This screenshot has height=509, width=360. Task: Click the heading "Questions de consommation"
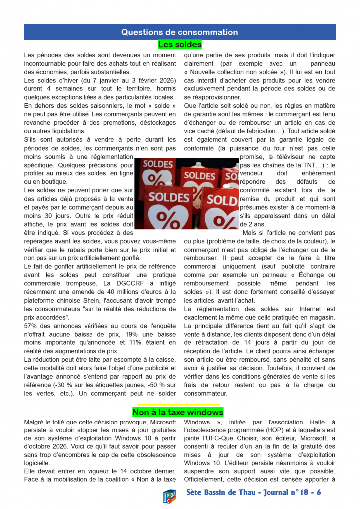coord(180,32)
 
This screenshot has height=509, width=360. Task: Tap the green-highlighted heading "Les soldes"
coord(180,45)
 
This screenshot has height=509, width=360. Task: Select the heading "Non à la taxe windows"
coord(178,412)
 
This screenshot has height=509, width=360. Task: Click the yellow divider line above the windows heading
coord(178,405)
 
